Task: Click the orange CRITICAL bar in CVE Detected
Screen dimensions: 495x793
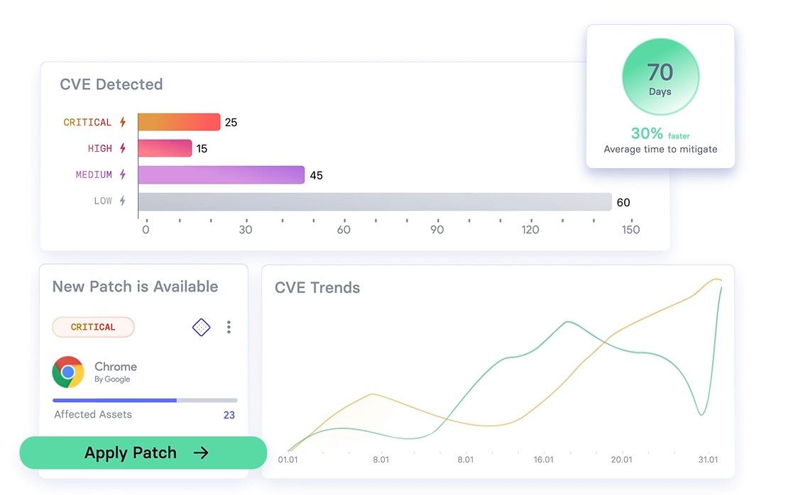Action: tap(179, 122)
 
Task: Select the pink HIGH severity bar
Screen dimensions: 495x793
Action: tap(165, 148)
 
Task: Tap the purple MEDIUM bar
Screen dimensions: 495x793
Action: tap(221, 175)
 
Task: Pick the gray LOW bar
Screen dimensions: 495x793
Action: tap(374, 202)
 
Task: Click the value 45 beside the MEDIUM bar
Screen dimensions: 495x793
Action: tap(317, 175)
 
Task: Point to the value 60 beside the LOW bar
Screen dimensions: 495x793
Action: tap(623, 202)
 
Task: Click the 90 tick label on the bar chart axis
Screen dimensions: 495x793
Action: tap(437, 230)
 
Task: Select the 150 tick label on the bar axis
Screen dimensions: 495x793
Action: tap(630, 230)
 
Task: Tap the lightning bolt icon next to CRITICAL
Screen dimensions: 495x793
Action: tap(123, 122)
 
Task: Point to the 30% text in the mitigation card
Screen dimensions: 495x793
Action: tap(647, 133)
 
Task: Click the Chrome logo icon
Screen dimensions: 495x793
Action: tap(68, 372)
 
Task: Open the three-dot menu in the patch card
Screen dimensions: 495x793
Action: tap(229, 327)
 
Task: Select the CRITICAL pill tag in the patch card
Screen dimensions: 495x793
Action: tap(93, 327)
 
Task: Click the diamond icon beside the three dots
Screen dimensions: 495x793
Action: tap(202, 327)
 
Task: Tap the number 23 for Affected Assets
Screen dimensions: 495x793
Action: tap(229, 415)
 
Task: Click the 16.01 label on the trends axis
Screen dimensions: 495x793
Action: tap(543, 460)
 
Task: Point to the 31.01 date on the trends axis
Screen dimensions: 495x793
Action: tap(708, 460)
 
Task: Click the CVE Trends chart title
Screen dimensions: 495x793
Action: tap(317, 288)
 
